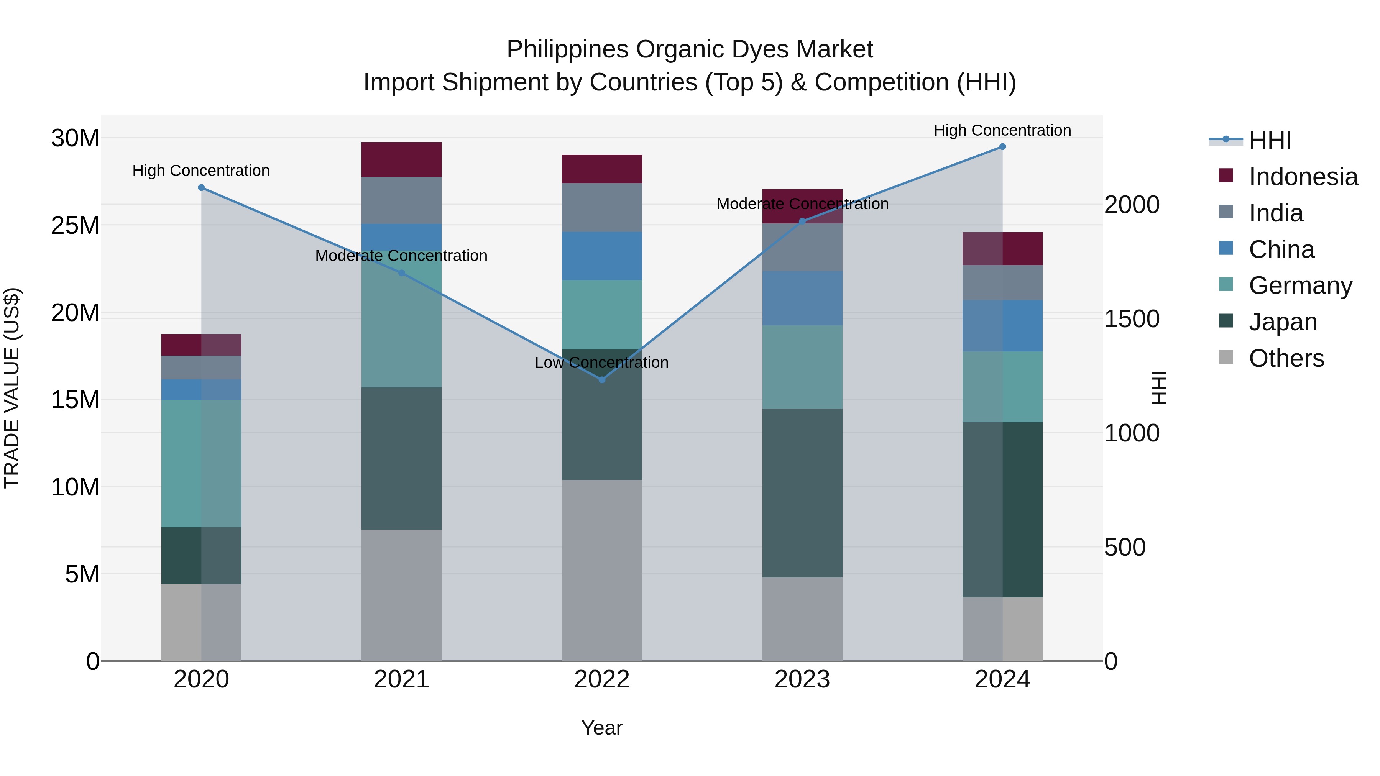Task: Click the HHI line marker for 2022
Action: point(601,380)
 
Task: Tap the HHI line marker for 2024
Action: point(1002,147)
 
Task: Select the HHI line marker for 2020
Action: point(201,187)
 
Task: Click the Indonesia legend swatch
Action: point(1226,176)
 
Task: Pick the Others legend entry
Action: point(1286,358)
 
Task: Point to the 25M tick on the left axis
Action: point(75,225)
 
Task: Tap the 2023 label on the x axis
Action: point(802,679)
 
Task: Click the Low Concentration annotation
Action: point(601,363)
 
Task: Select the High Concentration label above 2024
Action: point(1002,130)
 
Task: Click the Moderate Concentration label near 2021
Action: point(401,256)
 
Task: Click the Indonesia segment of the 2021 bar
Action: point(401,159)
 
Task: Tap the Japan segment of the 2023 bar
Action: point(802,493)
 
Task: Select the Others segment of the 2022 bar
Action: point(601,570)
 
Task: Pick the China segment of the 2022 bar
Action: point(601,256)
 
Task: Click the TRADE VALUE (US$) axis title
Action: point(12,388)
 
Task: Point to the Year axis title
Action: point(601,728)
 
